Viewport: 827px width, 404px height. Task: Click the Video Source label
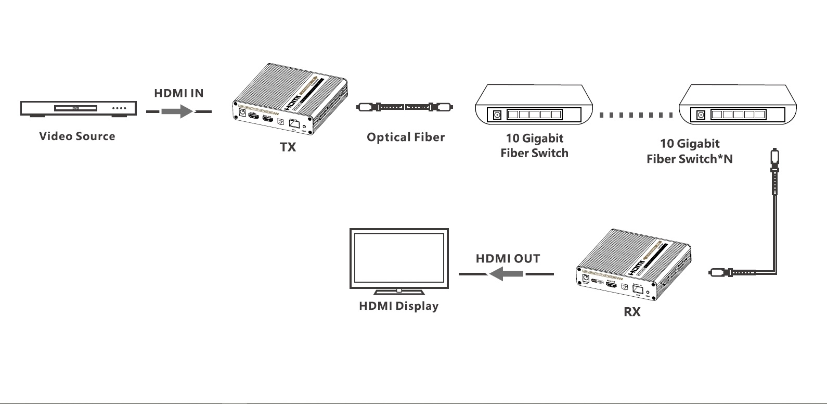point(77,136)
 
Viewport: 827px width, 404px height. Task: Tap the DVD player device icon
point(78,108)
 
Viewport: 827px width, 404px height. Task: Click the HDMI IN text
point(179,93)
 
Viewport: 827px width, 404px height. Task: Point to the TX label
point(288,147)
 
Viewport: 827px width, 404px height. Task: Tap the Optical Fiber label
point(406,137)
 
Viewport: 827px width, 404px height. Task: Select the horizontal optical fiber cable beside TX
point(405,107)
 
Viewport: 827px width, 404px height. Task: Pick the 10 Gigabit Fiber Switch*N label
point(690,151)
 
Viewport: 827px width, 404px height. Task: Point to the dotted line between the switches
point(636,115)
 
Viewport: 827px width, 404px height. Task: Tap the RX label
point(632,312)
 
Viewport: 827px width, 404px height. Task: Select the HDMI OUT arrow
point(506,273)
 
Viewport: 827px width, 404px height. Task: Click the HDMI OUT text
point(508,259)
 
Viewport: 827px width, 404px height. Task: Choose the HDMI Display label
point(398,306)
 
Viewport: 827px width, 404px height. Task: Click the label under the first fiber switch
point(534,145)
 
